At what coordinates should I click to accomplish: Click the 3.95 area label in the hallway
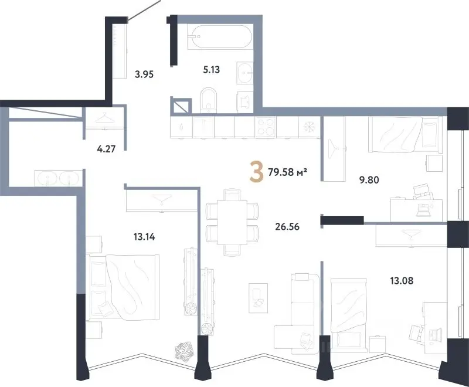point(144,74)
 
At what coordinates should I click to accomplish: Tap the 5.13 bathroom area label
point(212,70)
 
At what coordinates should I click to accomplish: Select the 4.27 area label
point(106,148)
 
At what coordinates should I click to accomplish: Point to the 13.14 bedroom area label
point(144,237)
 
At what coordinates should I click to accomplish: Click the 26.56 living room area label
point(287,227)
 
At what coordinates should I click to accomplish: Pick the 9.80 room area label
point(369,180)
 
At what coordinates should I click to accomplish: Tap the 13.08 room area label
point(402,280)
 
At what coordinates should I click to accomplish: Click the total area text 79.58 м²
point(288,172)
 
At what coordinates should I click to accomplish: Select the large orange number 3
point(257,171)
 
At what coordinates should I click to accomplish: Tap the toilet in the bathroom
point(208,100)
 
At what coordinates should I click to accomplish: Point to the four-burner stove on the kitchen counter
point(266,127)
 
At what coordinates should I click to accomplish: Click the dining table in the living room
point(232,222)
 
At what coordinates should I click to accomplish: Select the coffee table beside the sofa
point(259,298)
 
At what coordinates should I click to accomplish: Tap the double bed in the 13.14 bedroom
point(123,286)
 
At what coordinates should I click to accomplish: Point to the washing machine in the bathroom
point(244,101)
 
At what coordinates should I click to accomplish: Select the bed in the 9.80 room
point(405,135)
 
